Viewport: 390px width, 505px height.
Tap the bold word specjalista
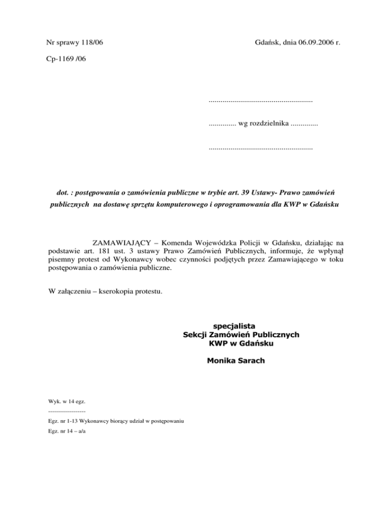pos(241,325)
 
